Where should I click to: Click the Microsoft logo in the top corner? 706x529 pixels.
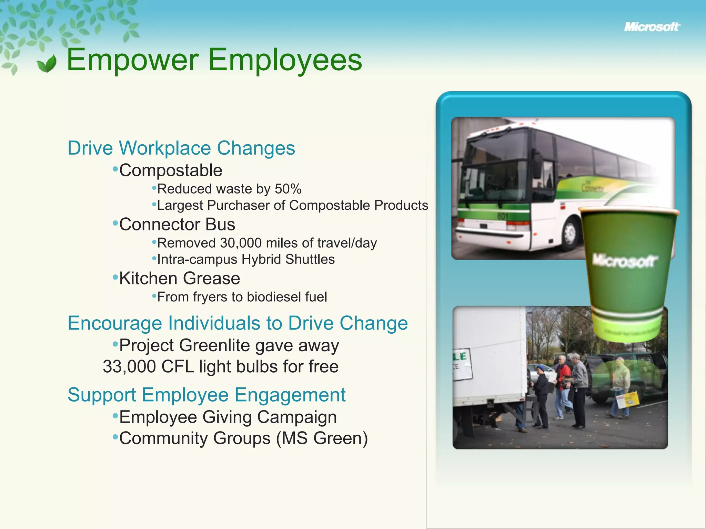click(652, 27)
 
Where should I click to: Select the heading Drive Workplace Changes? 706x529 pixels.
click(181, 148)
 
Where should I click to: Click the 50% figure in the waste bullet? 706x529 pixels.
click(288, 189)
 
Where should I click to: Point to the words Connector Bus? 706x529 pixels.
click(177, 225)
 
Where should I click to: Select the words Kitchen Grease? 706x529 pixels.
click(180, 278)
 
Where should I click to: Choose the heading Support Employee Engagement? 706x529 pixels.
click(206, 395)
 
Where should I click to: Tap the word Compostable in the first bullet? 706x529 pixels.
click(171, 170)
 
